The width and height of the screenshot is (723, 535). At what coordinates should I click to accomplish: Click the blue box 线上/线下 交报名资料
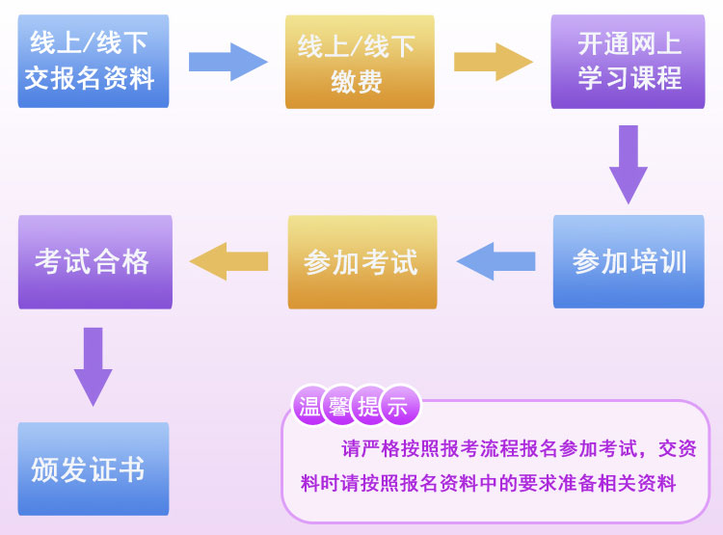pos(92,60)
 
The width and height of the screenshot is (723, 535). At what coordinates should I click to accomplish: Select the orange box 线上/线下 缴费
pos(359,62)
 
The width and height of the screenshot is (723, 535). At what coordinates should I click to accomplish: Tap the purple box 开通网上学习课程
pos(628,61)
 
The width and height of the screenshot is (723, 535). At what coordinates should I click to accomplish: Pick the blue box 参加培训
pos(628,261)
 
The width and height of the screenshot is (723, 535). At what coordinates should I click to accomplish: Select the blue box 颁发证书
pos(93,468)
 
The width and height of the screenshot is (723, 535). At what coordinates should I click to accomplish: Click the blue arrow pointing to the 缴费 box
pos(228,62)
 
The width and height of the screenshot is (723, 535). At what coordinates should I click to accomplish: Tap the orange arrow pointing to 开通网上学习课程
pos(493,62)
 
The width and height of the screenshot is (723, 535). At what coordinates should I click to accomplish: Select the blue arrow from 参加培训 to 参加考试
pos(495,261)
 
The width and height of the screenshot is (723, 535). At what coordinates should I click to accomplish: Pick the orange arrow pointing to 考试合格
pos(228,261)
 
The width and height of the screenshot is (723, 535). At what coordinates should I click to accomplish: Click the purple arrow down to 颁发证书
pos(94,365)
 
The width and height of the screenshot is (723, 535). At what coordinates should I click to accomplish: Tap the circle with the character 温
pos(310,406)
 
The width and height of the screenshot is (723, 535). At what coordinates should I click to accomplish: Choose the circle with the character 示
pos(398,406)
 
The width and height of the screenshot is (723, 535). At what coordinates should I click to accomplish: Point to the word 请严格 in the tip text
pos(369,448)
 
